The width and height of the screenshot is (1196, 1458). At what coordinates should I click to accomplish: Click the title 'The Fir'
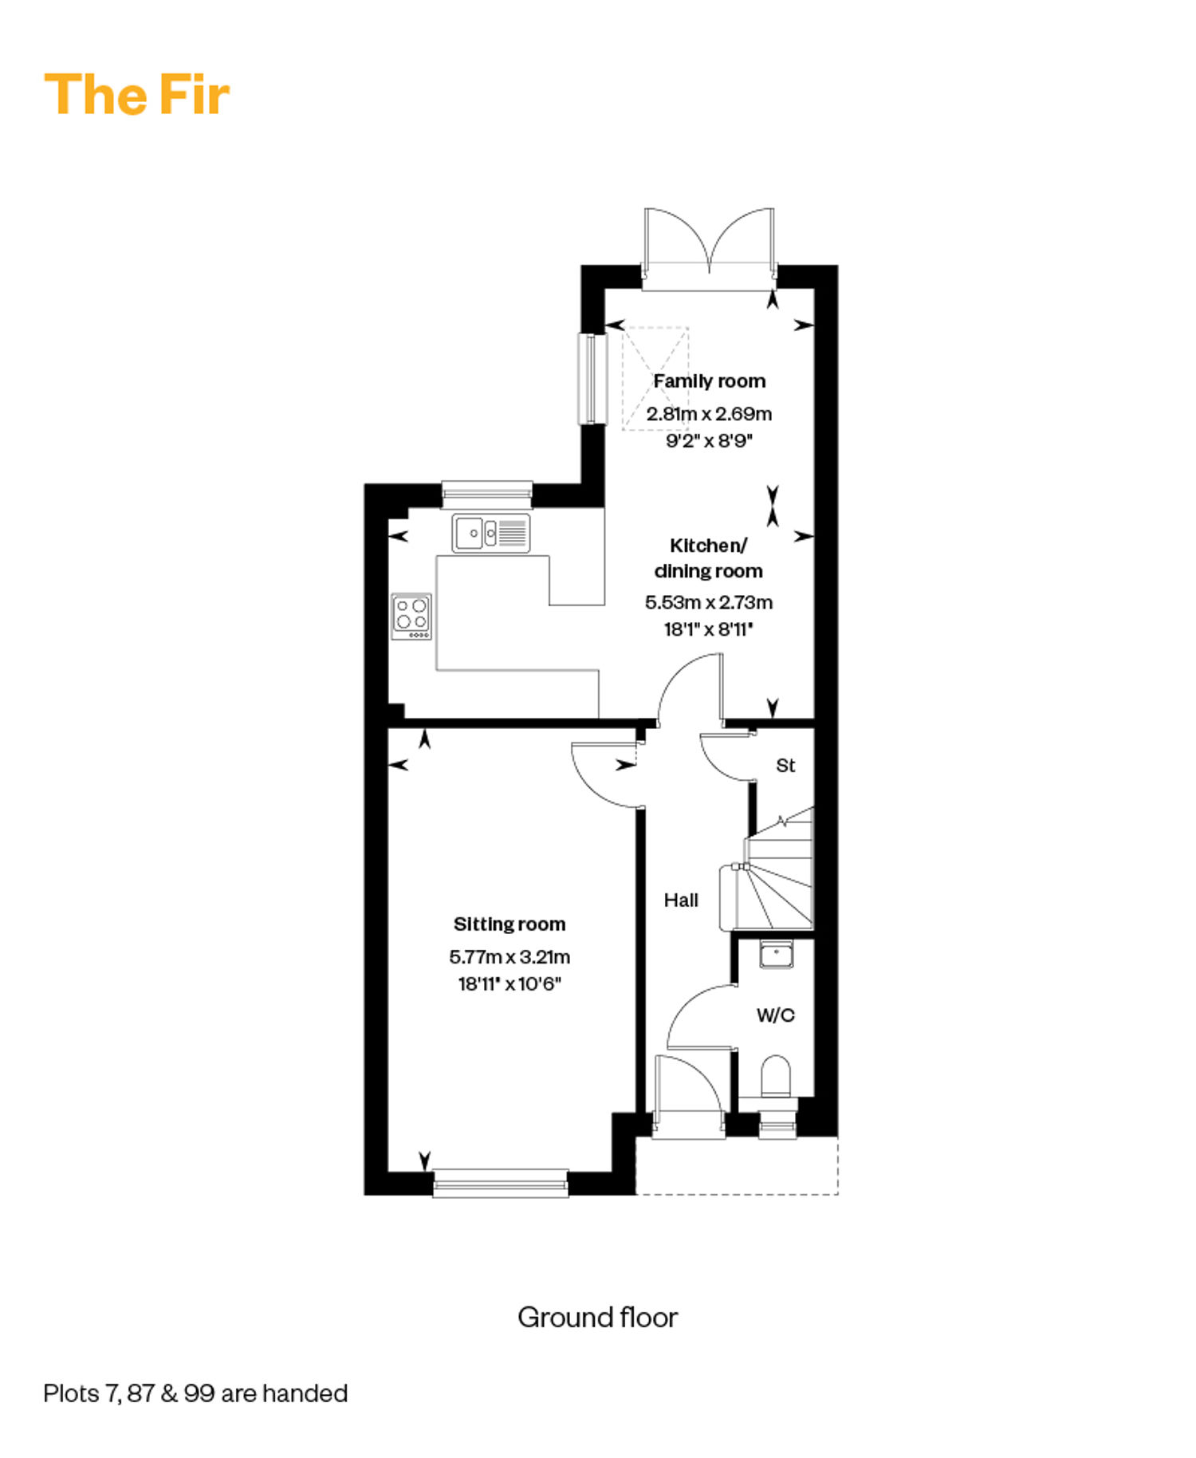click(136, 95)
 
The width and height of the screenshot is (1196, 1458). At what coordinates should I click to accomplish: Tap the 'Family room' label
click(710, 381)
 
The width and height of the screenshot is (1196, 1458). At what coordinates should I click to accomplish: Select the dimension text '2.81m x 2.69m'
click(709, 414)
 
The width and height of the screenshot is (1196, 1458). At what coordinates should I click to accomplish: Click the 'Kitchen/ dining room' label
click(708, 558)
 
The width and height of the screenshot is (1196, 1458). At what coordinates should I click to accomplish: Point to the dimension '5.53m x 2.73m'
click(709, 602)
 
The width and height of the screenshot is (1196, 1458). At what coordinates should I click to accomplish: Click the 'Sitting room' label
click(509, 924)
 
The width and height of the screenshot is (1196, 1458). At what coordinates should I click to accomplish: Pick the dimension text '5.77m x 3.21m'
click(509, 957)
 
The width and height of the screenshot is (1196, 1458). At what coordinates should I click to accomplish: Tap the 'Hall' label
click(681, 900)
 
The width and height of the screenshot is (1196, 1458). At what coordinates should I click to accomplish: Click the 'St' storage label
click(785, 766)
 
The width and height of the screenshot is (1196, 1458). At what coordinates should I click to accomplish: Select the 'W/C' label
click(776, 1015)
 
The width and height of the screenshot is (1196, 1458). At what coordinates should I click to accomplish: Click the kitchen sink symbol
click(491, 533)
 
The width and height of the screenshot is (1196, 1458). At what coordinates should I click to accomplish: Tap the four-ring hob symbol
click(411, 617)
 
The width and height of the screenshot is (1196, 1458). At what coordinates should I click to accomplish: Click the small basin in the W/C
click(776, 955)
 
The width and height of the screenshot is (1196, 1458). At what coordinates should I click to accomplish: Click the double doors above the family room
click(709, 249)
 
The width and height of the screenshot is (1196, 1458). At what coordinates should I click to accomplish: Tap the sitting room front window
click(501, 1184)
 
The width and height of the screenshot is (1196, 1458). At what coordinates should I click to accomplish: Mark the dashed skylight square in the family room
click(655, 379)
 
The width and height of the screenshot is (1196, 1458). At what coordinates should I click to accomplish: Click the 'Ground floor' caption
click(597, 1318)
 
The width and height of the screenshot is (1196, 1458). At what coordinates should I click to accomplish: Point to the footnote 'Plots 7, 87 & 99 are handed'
click(195, 1393)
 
